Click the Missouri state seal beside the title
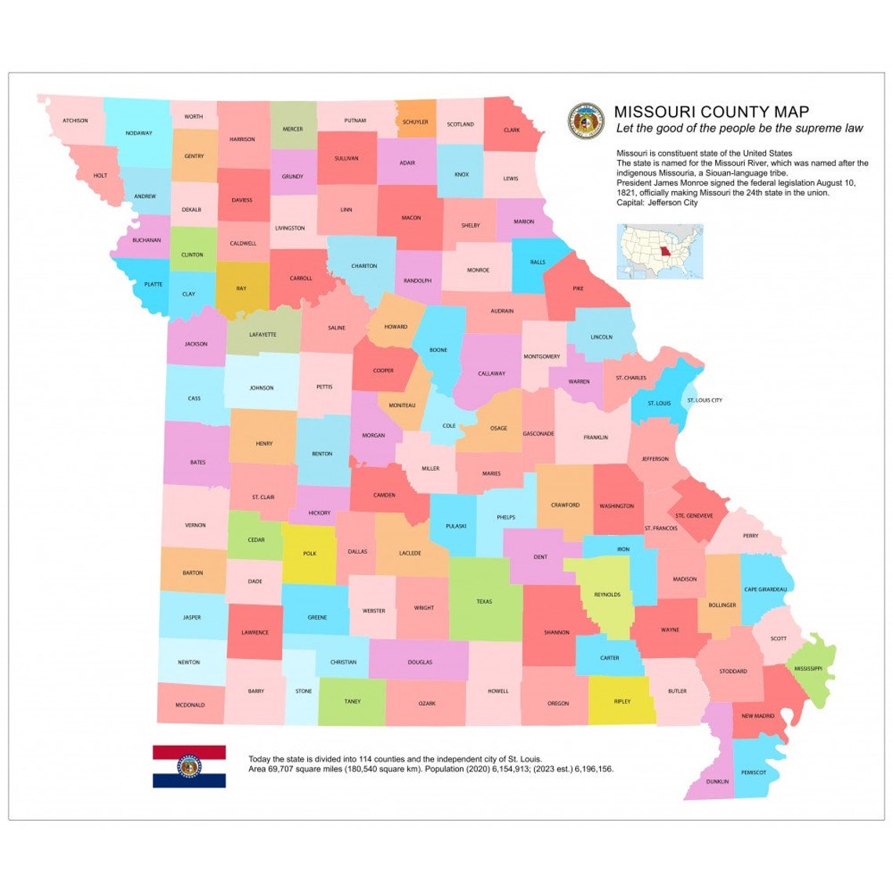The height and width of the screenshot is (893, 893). point(586,121)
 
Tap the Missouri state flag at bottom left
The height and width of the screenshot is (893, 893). point(189,766)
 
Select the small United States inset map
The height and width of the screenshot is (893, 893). point(660,251)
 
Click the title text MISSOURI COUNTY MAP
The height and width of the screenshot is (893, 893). point(711,112)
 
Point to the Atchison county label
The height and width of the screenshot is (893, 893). point(75,121)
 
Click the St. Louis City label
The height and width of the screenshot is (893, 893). point(704,400)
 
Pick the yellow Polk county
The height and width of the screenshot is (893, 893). point(309,553)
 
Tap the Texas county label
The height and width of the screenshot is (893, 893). point(484,602)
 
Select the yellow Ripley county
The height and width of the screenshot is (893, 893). point(622,701)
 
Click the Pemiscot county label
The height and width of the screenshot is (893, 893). point(754,772)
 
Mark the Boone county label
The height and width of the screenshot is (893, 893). point(439,350)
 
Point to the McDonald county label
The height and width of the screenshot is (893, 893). point(190,705)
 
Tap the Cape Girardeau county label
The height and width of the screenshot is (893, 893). point(765,590)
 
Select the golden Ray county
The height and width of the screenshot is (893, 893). point(241,288)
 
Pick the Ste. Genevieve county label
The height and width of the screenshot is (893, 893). point(694,515)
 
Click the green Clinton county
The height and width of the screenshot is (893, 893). point(192,254)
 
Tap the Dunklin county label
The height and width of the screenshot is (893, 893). point(717,782)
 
